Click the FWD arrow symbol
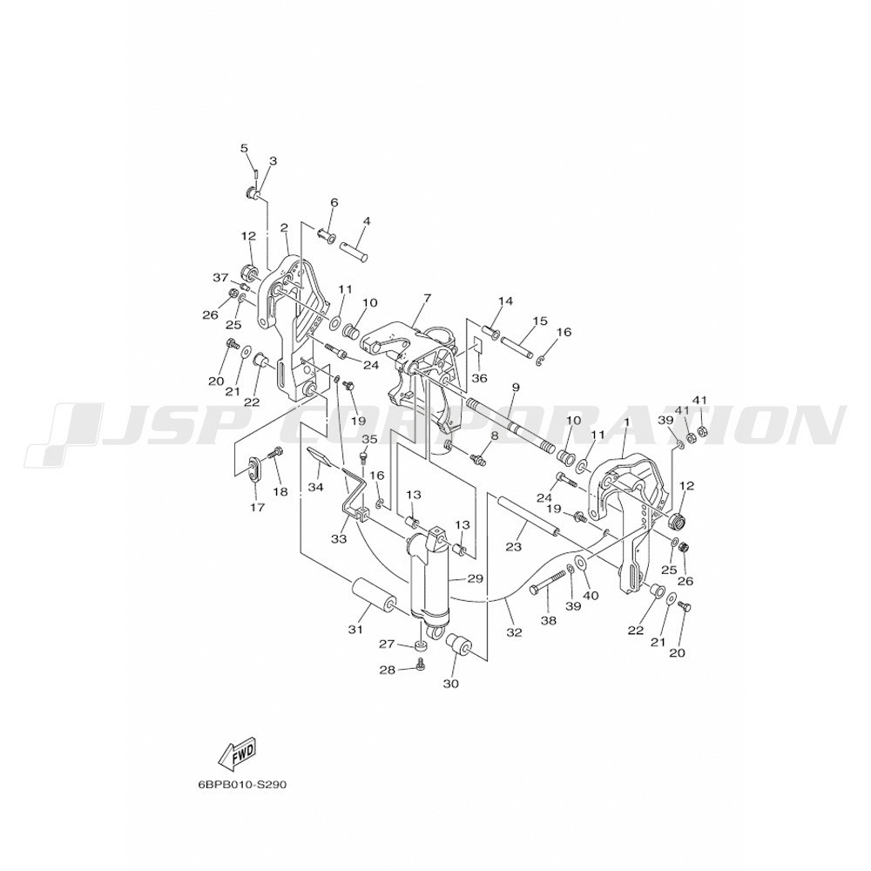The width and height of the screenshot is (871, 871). (238, 755)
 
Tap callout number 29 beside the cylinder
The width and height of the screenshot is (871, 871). (475, 579)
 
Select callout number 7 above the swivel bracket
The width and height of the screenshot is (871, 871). (427, 298)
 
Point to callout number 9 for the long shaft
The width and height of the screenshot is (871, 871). (515, 386)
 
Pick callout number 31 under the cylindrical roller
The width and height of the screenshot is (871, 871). (355, 630)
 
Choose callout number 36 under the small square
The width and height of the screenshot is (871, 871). (479, 378)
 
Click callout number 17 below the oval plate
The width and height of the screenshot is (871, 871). (257, 507)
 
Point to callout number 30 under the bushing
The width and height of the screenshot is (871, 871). (451, 684)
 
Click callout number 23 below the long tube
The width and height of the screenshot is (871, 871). (514, 547)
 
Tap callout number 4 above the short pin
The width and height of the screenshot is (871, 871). (366, 221)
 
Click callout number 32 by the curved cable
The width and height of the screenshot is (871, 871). (515, 631)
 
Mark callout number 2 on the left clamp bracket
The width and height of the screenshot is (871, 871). (284, 227)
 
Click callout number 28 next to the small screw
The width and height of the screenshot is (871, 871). (388, 671)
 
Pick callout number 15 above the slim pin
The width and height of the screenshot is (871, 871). (539, 321)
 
